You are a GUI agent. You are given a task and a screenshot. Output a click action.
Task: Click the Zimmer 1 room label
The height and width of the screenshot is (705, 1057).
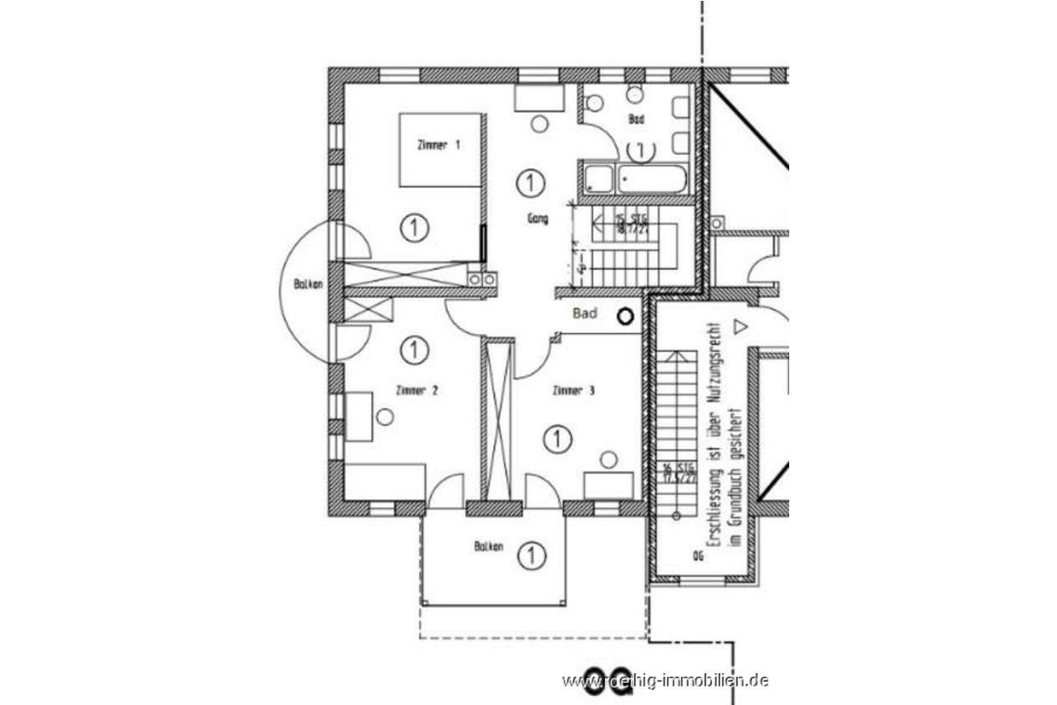tap(439, 145)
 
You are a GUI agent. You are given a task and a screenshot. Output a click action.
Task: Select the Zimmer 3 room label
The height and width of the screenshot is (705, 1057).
tap(573, 390)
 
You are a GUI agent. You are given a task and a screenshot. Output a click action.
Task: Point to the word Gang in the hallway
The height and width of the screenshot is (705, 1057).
tap(537, 219)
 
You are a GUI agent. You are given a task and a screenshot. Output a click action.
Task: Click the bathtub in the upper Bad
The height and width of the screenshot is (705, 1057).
tap(650, 178)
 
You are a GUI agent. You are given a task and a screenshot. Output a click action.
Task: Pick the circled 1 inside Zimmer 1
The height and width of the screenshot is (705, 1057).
tap(413, 227)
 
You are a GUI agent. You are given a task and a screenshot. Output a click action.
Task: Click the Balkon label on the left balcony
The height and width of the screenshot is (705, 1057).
tap(304, 285)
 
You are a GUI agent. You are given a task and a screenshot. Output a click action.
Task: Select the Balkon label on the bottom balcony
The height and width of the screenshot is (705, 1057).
tap(488, 548)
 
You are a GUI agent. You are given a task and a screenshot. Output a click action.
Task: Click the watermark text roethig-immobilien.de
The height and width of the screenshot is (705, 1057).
tap(665, 680)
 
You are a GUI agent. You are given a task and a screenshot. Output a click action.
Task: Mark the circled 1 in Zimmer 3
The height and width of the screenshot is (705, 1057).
tap(557, 438)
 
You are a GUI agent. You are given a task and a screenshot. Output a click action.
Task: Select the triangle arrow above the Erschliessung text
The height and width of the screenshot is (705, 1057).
tap(738, 323)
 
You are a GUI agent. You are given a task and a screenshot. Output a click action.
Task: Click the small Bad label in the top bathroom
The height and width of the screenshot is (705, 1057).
tap(637, 120)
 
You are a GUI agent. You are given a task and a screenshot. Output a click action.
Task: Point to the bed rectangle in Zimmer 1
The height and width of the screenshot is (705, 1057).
tap(440, 150)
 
